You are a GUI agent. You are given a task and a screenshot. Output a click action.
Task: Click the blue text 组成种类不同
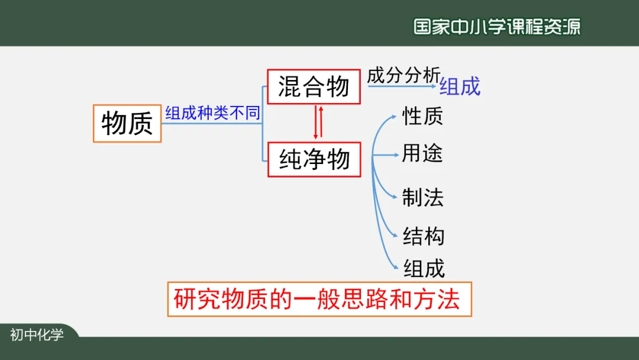tap(212, 112)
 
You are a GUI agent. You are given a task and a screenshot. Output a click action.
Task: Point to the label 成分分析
tap(404, 75)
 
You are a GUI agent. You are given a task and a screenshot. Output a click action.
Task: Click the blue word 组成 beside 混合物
tap(460, 86)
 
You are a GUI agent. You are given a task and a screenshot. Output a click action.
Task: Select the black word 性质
tap(422, 116)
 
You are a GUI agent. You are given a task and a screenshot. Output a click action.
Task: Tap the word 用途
tap(422, 154)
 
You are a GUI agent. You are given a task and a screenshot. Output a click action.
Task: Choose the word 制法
tap(422, 197)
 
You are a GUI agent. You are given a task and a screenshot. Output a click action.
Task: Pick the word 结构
tap(424, 236)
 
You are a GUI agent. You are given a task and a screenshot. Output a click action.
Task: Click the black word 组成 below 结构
tap(424, 269)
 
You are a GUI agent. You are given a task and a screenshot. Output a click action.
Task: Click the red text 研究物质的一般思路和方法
tap(317, 299)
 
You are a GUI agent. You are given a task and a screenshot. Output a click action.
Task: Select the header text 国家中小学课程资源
tap(497, 27)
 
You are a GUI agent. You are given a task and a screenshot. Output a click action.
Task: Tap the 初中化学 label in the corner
tap(37, 335)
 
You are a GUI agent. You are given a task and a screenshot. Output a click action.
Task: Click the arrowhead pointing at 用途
tap(396, 155)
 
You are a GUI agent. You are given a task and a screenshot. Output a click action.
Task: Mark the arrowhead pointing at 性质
tap(394, 117)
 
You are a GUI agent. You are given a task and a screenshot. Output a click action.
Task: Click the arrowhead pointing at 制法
tap(395, 197)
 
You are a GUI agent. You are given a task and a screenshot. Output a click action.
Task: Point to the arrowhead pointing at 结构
tap(395, 235)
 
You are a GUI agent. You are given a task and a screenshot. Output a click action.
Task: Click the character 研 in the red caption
tap(185, 299)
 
